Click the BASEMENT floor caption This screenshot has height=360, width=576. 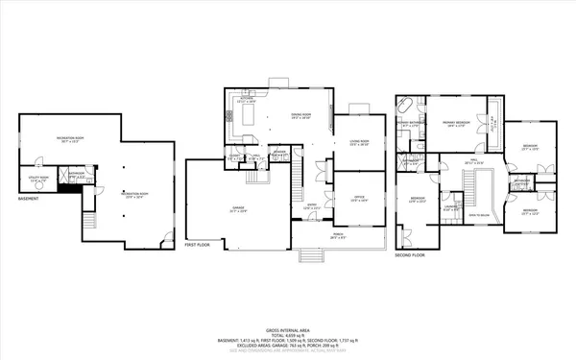point(29,200)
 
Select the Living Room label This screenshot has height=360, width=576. point(358,143)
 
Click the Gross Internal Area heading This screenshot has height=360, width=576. point(288,328)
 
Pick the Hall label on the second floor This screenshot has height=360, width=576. point(469,162)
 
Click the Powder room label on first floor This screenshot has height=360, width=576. point(279,154)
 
